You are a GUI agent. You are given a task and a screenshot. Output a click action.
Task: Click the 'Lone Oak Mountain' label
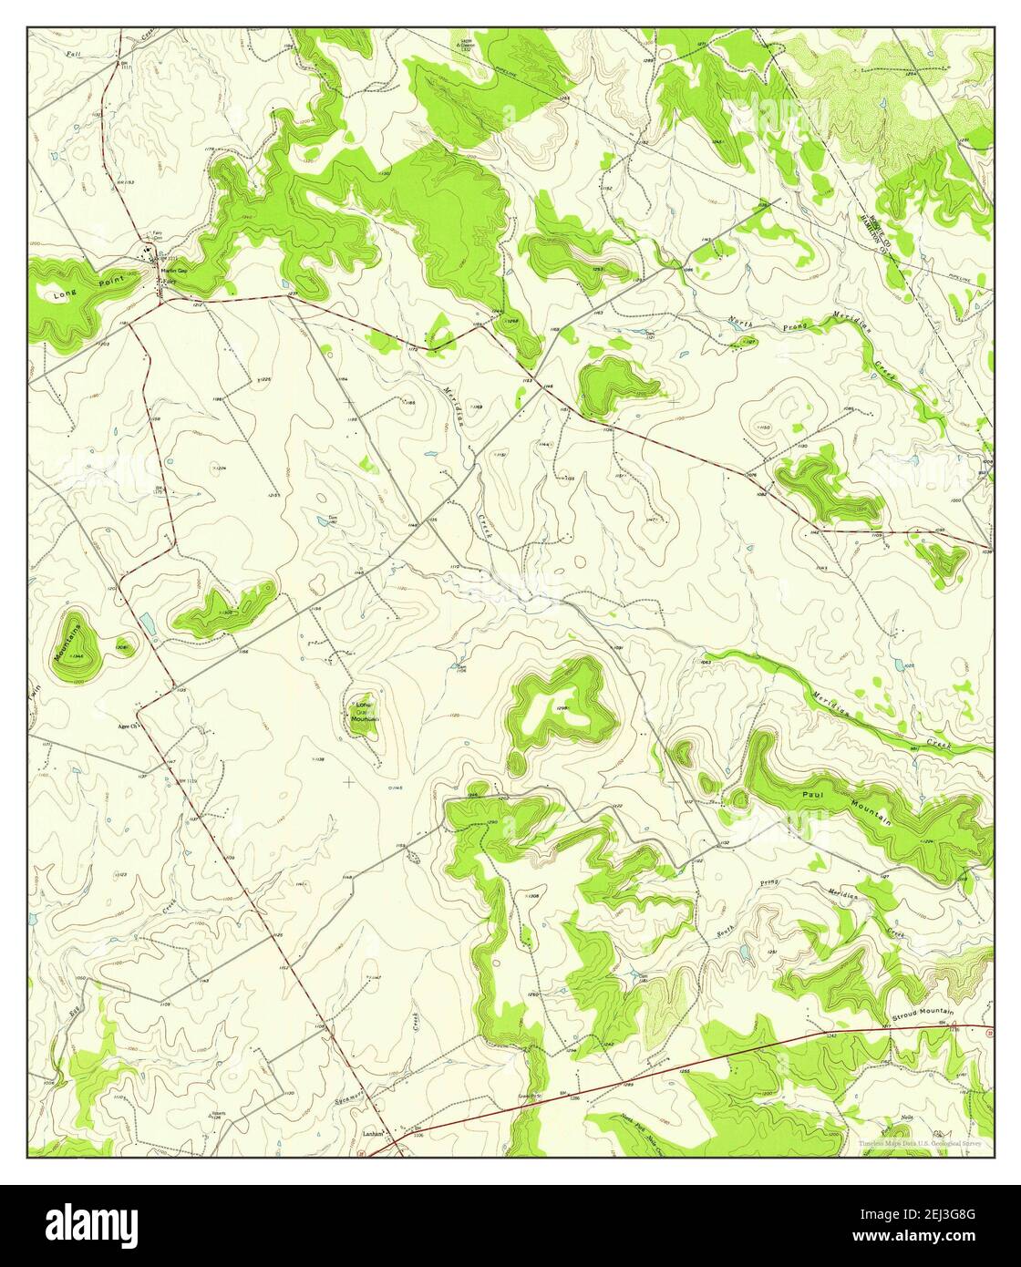(x=364, y=712)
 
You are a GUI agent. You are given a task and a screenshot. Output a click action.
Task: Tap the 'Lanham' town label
(x=370, y=1134)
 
